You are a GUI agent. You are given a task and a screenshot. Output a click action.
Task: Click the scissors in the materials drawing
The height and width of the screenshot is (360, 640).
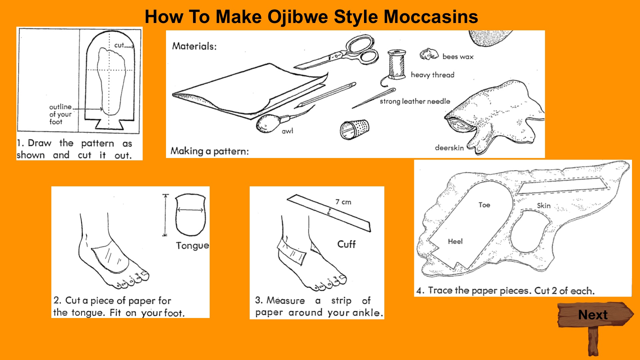click(x=343, y=53)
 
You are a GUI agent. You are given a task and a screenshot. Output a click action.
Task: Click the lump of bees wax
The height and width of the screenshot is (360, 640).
click(x=429, y=54)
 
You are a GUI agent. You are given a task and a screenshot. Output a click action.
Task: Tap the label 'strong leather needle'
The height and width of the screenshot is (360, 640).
click(x=415, y=101)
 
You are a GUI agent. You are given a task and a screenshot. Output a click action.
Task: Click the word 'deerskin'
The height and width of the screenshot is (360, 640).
click(x=449, y=148)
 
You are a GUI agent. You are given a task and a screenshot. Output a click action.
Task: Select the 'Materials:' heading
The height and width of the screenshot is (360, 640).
click(x=194, y=46)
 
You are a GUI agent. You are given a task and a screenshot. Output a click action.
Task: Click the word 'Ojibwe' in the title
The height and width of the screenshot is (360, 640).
click(x=298, y=17)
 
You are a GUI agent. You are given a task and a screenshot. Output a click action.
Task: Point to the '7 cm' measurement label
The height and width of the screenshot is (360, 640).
click(x=343, y=202)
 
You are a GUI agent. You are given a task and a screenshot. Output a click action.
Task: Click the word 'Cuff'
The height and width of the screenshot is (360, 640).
click(x=347, y=244)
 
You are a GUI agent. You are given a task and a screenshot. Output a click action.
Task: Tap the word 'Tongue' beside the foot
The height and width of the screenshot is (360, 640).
click(x=192, y=246)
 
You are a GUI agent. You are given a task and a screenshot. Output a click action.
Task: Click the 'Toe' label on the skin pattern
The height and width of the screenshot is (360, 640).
click(x=484, y=205)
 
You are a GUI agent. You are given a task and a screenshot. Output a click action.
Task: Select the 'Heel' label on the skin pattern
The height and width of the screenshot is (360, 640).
click(x=455, y=241)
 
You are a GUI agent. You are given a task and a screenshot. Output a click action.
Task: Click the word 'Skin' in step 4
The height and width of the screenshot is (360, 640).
click(x=544, y=206)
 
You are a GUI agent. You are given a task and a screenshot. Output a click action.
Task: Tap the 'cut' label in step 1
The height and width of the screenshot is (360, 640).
click(x=119, y=45)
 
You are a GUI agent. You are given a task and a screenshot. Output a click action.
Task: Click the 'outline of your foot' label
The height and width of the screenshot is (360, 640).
click(x=61, y=114)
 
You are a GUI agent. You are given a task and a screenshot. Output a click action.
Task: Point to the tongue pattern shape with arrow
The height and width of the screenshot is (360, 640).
click(x=190, y=215)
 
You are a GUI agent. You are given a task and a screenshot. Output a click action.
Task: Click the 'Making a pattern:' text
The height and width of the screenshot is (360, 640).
click(x=210, y=151)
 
